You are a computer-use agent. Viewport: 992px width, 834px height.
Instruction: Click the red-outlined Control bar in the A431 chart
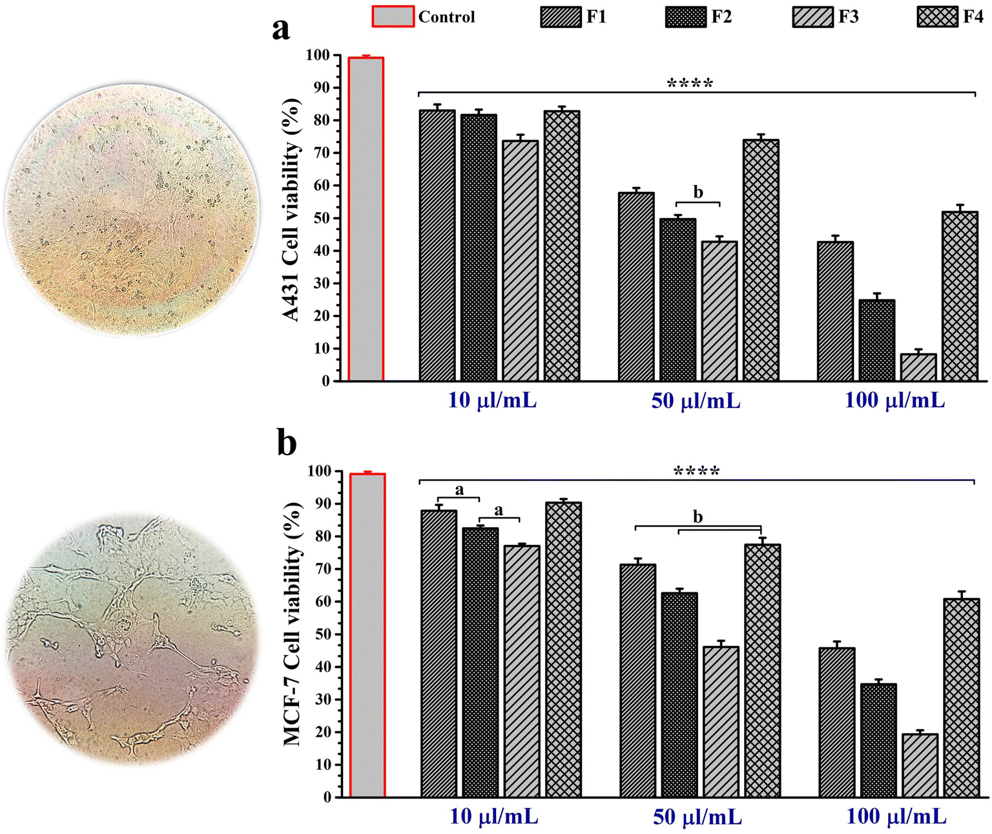366,220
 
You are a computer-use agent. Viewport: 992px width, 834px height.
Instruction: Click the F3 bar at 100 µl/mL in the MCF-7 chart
919,765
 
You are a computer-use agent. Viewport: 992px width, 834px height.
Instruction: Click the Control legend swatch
393,16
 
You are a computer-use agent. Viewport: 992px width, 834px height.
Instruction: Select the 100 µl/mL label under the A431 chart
894,401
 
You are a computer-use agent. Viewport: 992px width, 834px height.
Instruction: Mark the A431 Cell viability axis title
292,210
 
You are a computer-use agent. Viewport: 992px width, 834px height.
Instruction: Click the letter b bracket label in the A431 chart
697,192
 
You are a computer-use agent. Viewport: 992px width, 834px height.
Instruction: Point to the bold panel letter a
281,29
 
